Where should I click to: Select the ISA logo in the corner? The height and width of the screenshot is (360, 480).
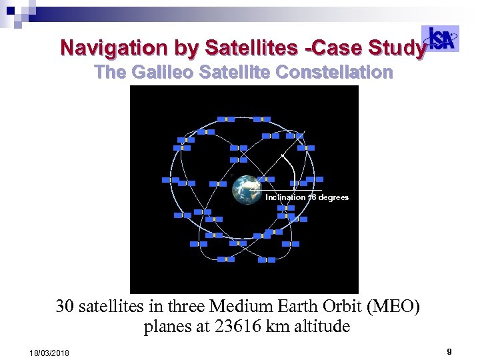(x=442, y=39)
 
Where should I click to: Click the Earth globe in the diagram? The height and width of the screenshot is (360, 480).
(x=247, y=189)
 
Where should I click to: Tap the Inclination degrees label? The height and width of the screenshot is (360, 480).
(x=307, y=197)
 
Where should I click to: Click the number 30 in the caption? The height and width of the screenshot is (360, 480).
(x=65, y=307)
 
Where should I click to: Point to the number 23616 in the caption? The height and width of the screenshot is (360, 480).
(x=232, y=327)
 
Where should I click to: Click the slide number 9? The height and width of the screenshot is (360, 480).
(x=449, y=351)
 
